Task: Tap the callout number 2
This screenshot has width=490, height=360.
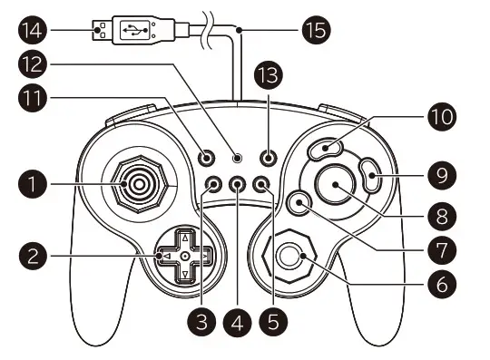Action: (x=32, y=256)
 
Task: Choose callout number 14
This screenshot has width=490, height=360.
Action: (x=32, y=30)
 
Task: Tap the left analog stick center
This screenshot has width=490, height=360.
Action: (x=137, y=185)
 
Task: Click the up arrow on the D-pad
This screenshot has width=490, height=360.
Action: (x=185, y=238)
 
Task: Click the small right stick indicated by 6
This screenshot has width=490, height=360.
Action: (x=289, y=258)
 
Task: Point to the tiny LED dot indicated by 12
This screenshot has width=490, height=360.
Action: (x=238, y=156)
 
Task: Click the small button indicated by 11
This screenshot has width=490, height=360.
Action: (x=210, y=156)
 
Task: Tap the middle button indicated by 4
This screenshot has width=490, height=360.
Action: (x=238, y=184)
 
